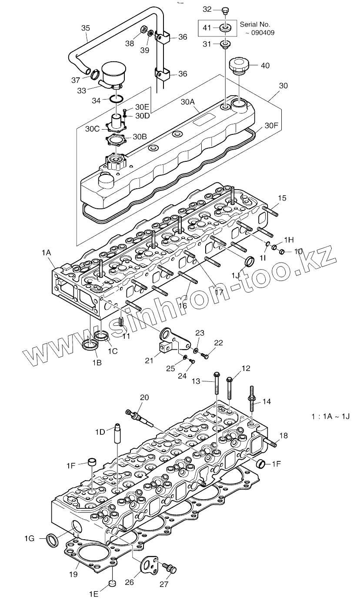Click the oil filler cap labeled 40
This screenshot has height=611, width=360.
coord(239,65)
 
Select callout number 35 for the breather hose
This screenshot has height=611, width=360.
coord(86,28)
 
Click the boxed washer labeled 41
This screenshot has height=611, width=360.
coord(225,28)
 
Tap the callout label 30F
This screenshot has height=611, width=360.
coord(271,126)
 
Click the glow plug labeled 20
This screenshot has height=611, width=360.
coord(139,415)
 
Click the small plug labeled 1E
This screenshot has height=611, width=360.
coord(112,583)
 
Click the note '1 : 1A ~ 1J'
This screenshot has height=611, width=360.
coord(330,416)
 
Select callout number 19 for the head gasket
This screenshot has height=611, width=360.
coord(73,574)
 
